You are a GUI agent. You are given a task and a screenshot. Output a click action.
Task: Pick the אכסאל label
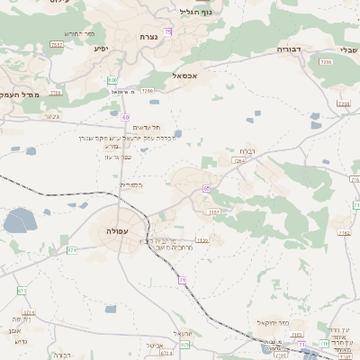point(195,76)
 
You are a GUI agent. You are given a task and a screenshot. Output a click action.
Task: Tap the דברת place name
point(247,150)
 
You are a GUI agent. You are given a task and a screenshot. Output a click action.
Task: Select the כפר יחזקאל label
point(271,321)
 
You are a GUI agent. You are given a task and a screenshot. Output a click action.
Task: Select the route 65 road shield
point(206,188)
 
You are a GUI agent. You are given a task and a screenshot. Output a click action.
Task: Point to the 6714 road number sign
point(28,312)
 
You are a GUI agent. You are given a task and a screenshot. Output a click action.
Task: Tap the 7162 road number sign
point(344,233)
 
